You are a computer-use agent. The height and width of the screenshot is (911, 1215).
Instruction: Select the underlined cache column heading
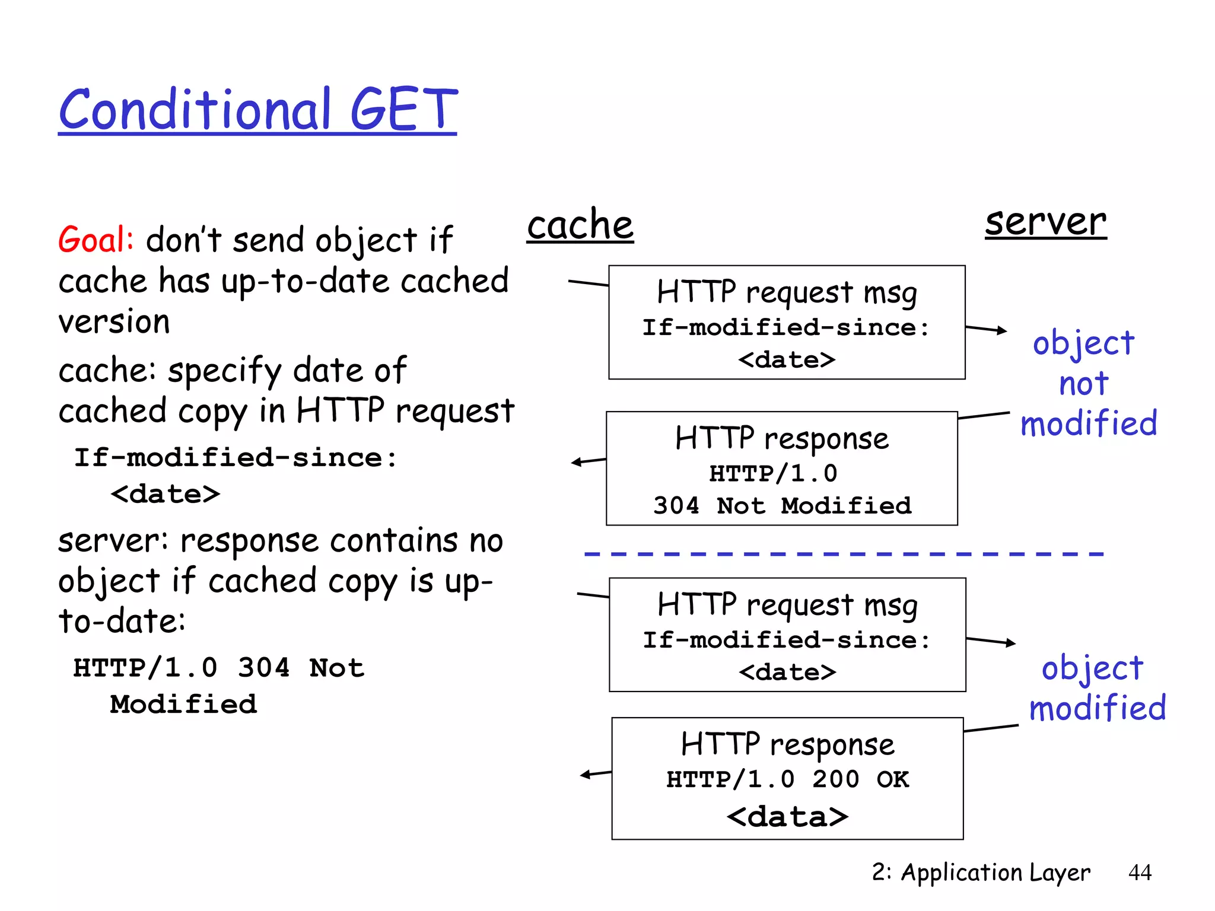(x=580, y=225)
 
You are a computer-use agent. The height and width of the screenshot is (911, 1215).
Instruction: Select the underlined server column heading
(x=1045, y=222)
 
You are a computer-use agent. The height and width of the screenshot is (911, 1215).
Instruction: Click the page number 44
(x=1140, y=872)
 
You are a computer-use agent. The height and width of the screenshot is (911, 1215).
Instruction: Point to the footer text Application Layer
(x=995, y=872)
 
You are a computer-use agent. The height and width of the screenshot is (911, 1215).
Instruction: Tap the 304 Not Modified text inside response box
(x=782, y=506)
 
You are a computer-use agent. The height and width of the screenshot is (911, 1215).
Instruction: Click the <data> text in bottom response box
(x=787, y=817)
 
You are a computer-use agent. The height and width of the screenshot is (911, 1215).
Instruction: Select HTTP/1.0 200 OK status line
(x=787, y=779)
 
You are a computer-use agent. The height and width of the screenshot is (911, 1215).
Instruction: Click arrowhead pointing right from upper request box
(x=1003, y=330)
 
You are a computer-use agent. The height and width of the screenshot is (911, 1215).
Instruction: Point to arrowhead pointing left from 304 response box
(x=575, y=462)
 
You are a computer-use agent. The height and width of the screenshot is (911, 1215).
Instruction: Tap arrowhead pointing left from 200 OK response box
(x=585, y=775)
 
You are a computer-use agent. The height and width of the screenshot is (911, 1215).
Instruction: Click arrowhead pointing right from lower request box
(x=1012, y=643)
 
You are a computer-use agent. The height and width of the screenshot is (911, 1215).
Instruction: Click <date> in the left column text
(x=165, y=494)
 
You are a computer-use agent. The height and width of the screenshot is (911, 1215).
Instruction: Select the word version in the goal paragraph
(x=114, y=322)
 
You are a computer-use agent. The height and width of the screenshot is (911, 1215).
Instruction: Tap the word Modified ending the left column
(x=183, y=705)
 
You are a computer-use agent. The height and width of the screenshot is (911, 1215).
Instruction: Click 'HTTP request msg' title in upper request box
(x=787, y=292)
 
